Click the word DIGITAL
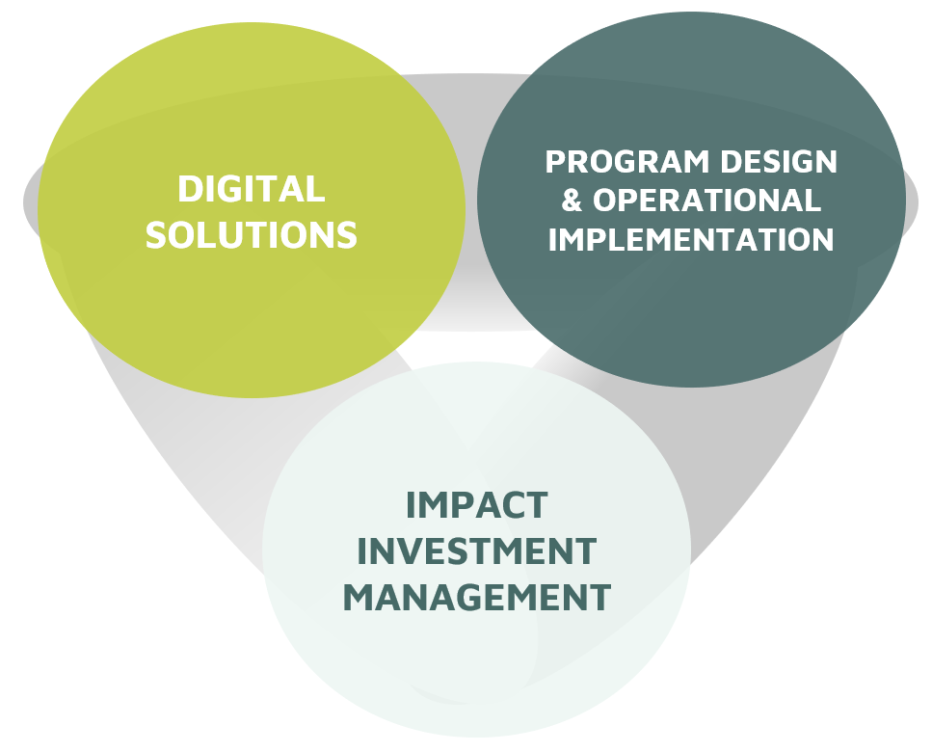pos(251,189)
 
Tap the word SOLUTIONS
pos(251,235)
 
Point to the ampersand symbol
pos(572,201)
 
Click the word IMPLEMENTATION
pos(691,239)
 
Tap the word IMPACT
pos(476,505)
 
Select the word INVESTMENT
pos(476,551)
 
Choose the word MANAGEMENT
pos(477,597)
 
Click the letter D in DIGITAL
pos(190,189)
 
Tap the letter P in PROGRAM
pos(556,162)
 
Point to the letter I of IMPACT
pos(411,505)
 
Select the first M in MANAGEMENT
pos(359,597)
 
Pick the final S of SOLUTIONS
pos(346,235)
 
